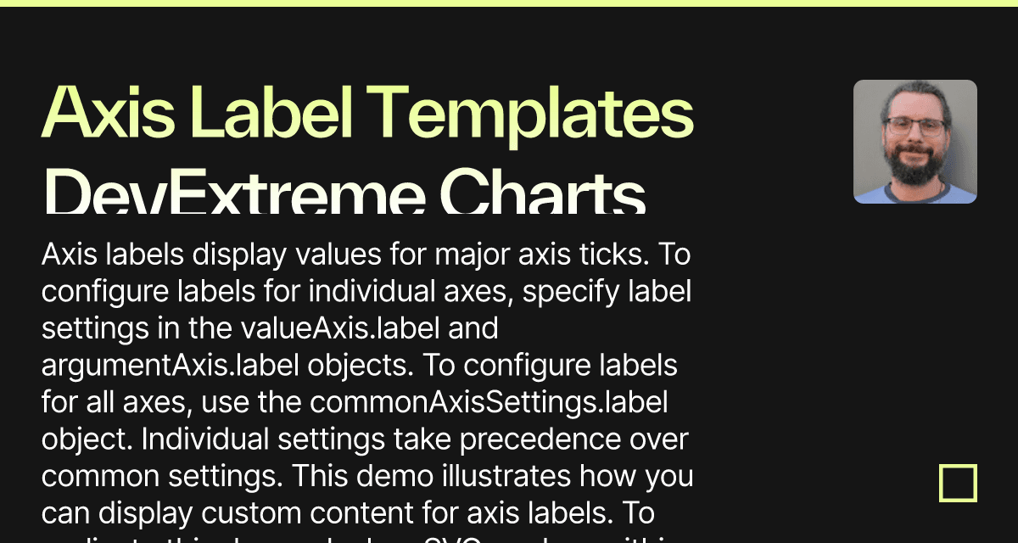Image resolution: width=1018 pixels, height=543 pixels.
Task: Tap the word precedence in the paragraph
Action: pyautogui.click(x=535, y=439)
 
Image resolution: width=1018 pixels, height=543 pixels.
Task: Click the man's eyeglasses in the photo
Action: pyautogui.click(x=915, y=127)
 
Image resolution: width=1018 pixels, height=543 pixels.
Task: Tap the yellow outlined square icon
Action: pyautogui.click(x=958, y=484)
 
